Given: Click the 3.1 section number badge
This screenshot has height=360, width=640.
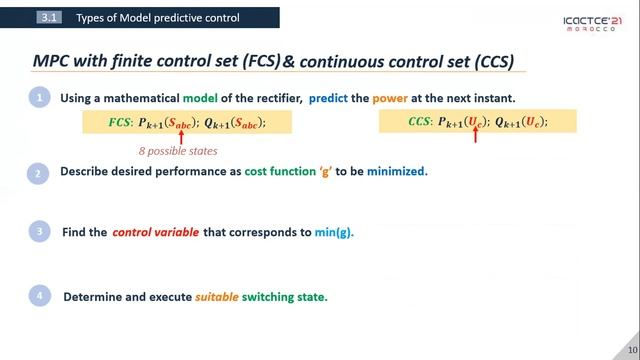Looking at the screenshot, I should click(49, 18).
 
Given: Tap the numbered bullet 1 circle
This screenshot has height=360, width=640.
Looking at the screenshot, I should click(38, 98).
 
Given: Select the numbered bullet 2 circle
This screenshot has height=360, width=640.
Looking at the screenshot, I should click(38, 172).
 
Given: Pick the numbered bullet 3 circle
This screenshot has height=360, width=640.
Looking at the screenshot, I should click(38, 232).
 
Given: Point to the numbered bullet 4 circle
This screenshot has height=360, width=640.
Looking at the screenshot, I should click(38, 297).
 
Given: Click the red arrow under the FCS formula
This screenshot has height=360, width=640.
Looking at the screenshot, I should click(182, 135).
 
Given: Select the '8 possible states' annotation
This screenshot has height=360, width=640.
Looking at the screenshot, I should click(178, 151).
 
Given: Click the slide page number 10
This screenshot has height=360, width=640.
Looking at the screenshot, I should click(631, 349).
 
